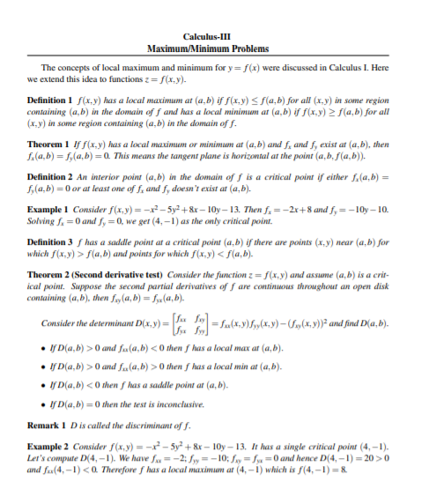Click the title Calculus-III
(x=214, y=35)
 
